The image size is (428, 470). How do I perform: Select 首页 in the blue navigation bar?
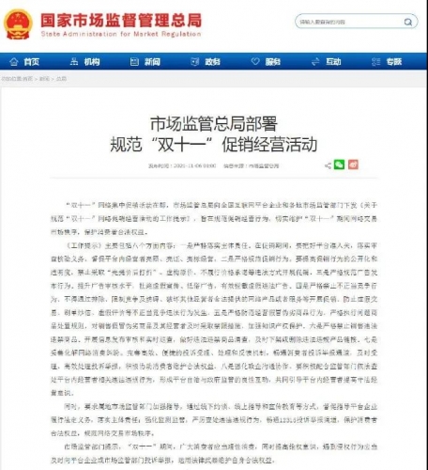pyautogui.click(x=27, y=61)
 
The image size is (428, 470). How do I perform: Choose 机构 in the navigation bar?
pyautogui.click(x=86, y=61)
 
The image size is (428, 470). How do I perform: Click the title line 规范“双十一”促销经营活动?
pyautogui.click(x=213, y=144)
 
